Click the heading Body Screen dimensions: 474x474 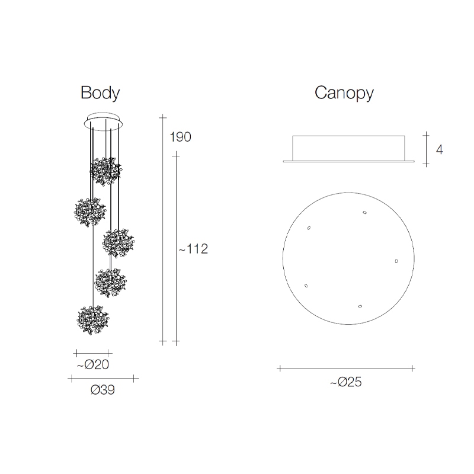(x=100, y=93)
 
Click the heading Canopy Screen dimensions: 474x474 (x=344, y=93)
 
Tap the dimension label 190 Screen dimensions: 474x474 (x=181, y=137)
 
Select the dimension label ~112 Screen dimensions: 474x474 (x=193, y=249)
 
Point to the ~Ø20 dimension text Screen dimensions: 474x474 (x=93, y=364)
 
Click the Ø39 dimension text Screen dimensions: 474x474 (x=103, y=390)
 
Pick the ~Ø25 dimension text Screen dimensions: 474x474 (x=346, y=382)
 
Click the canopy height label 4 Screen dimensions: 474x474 (x=440, y=150)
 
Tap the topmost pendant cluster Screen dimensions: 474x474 (x=105, y=171)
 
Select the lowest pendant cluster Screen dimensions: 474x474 (x=93, y=320)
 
